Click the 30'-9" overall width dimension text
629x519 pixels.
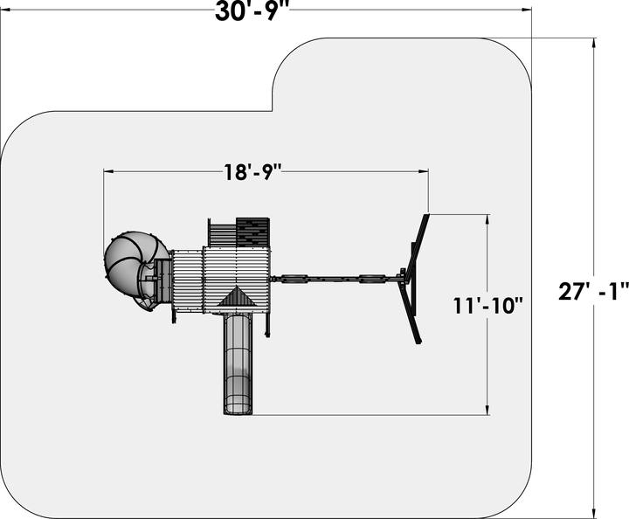coord(252,11)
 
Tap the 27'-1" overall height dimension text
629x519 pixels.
coord(593,291)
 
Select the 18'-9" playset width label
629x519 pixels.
coord(251,172)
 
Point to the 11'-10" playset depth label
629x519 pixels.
coord(488,306)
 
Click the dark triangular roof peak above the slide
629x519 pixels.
coord(238,297)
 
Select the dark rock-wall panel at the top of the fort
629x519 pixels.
coord(252,232)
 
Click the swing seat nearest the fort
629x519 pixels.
coord(294,279)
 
